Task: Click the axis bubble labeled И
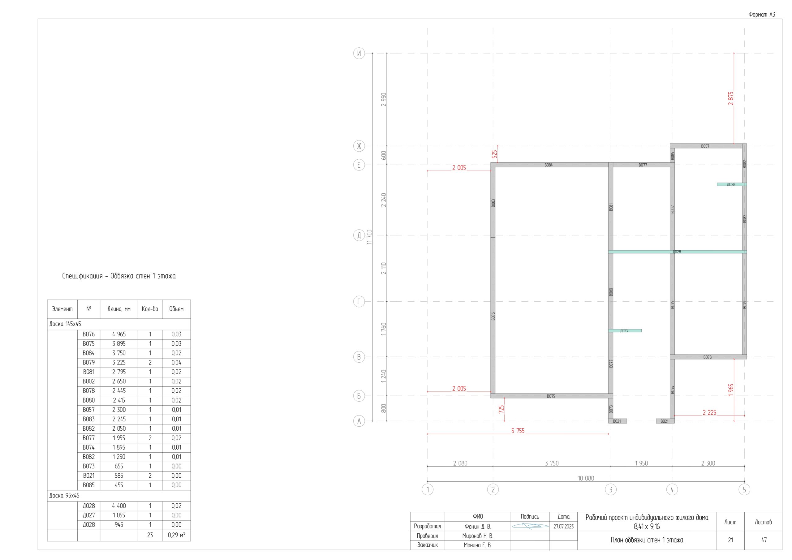click(359, 54)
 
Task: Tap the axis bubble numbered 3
click(611, 489)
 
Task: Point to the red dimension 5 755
click(518, 431)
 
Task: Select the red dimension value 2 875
click(731, 98)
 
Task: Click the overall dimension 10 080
click(586, 478)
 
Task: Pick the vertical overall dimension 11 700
click(369, 237)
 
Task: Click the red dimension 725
click(501, 409)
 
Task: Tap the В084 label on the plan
click(549, 165)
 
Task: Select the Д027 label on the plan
click(624, 330)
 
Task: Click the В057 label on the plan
click(705, 146)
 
